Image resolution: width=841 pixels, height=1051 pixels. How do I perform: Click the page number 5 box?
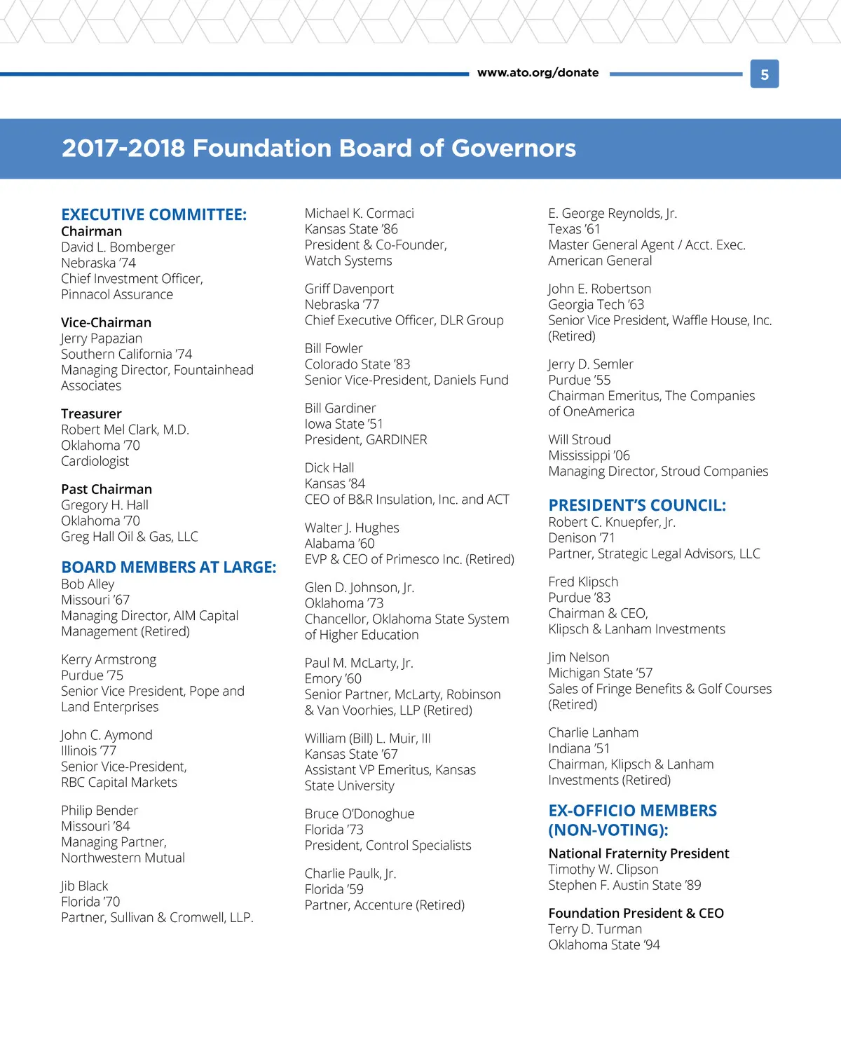coord(765,74)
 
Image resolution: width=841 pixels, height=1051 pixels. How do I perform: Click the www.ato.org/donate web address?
coord(538,73)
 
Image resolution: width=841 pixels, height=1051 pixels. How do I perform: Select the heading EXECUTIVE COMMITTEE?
coord(153,214)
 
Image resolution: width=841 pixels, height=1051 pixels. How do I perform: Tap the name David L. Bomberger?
coord(118,247)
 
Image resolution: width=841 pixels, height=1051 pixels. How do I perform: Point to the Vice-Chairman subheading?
coord(106,322)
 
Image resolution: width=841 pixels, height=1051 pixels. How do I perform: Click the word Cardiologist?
coord(95,461)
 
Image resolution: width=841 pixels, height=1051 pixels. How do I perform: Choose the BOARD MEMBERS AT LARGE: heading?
coord(168,567)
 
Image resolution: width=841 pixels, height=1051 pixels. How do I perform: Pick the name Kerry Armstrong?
coord(109,659)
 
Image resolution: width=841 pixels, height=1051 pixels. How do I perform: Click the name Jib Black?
coord(84,886)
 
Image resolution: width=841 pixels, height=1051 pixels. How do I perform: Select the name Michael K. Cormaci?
coord(359,213)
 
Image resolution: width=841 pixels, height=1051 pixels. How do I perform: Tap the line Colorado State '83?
coord(357,364)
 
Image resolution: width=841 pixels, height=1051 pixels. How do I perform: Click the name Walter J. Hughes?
coord(352,528)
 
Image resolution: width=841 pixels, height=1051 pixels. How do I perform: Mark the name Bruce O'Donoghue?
coord(359,813)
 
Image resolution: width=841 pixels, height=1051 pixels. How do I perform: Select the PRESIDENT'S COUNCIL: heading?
coord(636,505)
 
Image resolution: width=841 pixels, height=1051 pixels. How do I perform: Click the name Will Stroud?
coord(579,439)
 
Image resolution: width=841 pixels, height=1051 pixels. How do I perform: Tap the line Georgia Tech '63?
coord(596,305)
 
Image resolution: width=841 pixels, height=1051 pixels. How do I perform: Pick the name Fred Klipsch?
coord(583,582)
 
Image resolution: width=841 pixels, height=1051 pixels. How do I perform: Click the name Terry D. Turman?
coord(594,929)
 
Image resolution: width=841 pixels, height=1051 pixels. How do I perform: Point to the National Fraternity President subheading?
coord(638,853)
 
